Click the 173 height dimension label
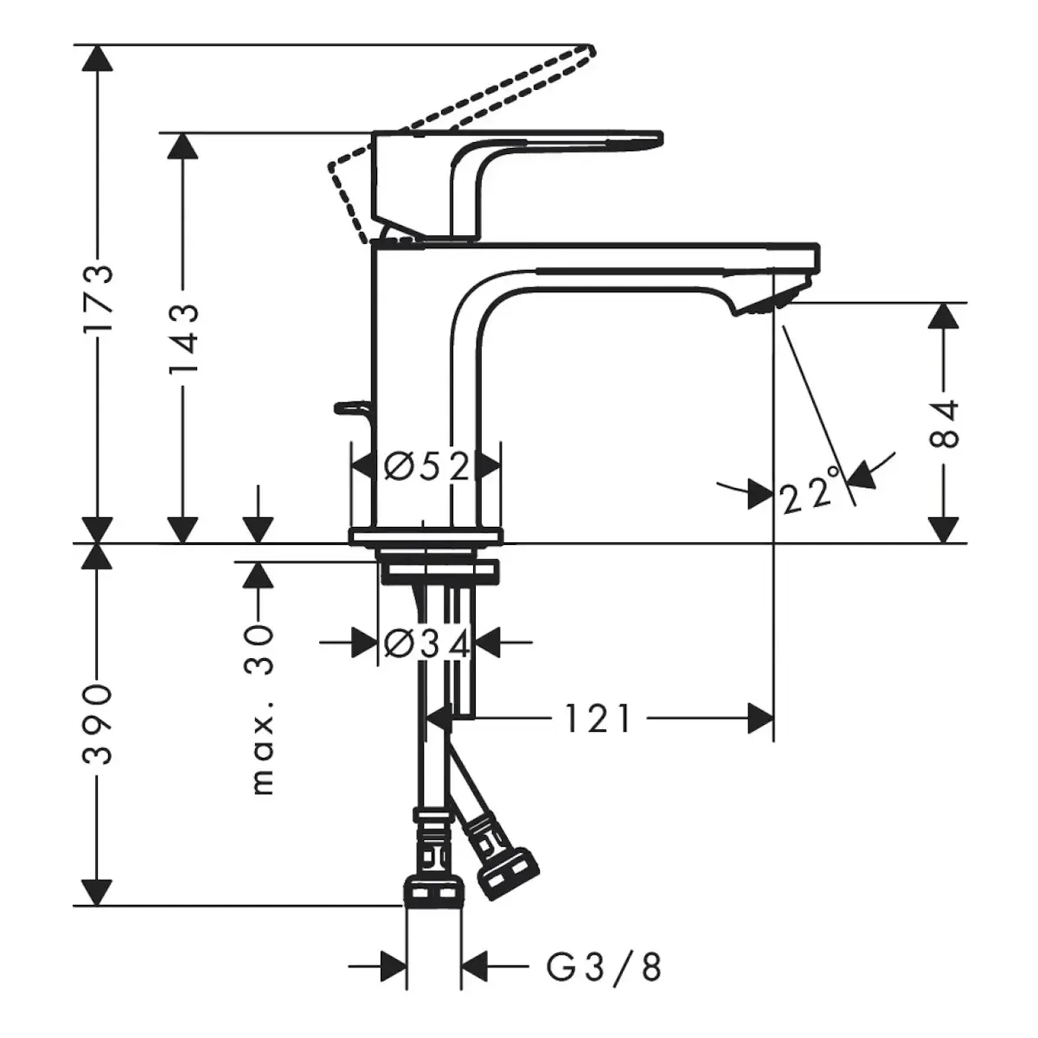coord(98,299)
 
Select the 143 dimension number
coord(183,340)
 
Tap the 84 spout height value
coord(945,423)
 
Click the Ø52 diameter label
coord(427,465)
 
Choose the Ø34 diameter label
coord(427,642)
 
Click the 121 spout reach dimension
coord(598,718)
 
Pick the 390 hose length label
coord(98,725)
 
